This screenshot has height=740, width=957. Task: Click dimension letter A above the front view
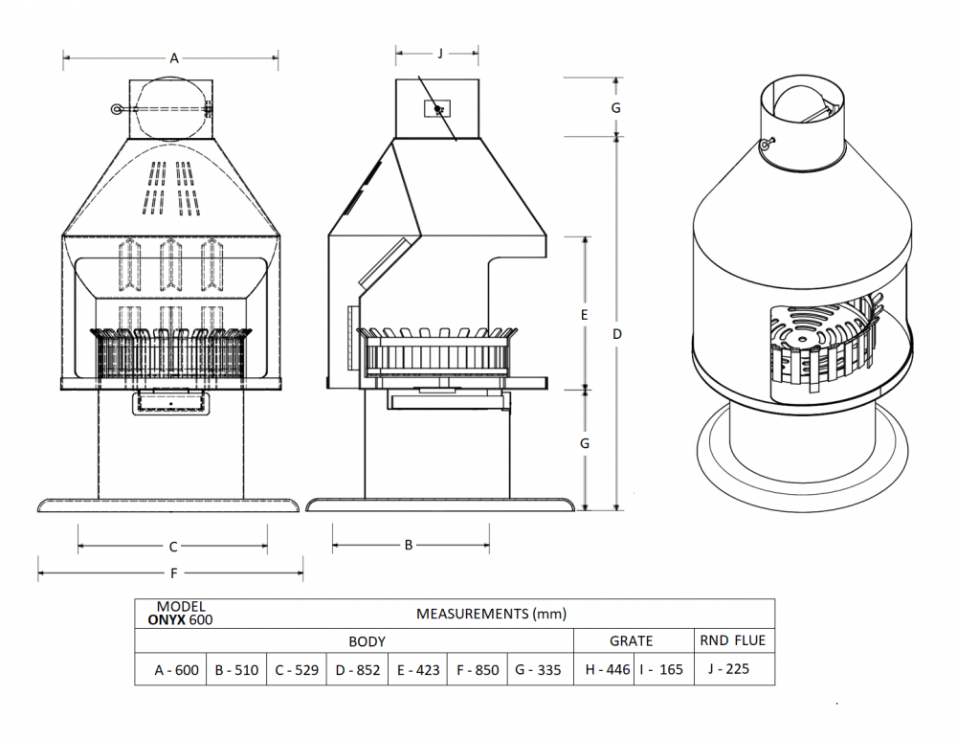click(174, 58)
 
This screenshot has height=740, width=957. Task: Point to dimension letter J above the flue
click(439, 54)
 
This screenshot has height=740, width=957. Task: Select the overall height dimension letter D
click(617, 334)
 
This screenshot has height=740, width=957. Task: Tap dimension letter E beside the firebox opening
click(585, 314)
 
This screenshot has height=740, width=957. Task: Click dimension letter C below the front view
click(173, 548)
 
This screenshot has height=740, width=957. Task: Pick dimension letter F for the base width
click(173, 574)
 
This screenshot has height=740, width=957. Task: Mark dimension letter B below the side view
click(409, 545)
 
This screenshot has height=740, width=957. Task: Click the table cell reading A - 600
click(177, 670)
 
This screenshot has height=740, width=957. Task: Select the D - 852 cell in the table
click(357, 670)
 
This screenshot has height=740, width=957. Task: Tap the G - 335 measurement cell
click(538, 670)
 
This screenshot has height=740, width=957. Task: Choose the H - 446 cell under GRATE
click(608, 670)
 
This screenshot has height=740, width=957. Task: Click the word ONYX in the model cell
click(167, 619)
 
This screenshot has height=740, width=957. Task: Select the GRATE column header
click(632, 641)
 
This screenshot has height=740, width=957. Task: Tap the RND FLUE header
click(732, 640)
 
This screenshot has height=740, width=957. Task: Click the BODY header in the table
click(367, 641)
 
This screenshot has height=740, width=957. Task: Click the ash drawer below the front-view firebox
click(170, 403)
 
